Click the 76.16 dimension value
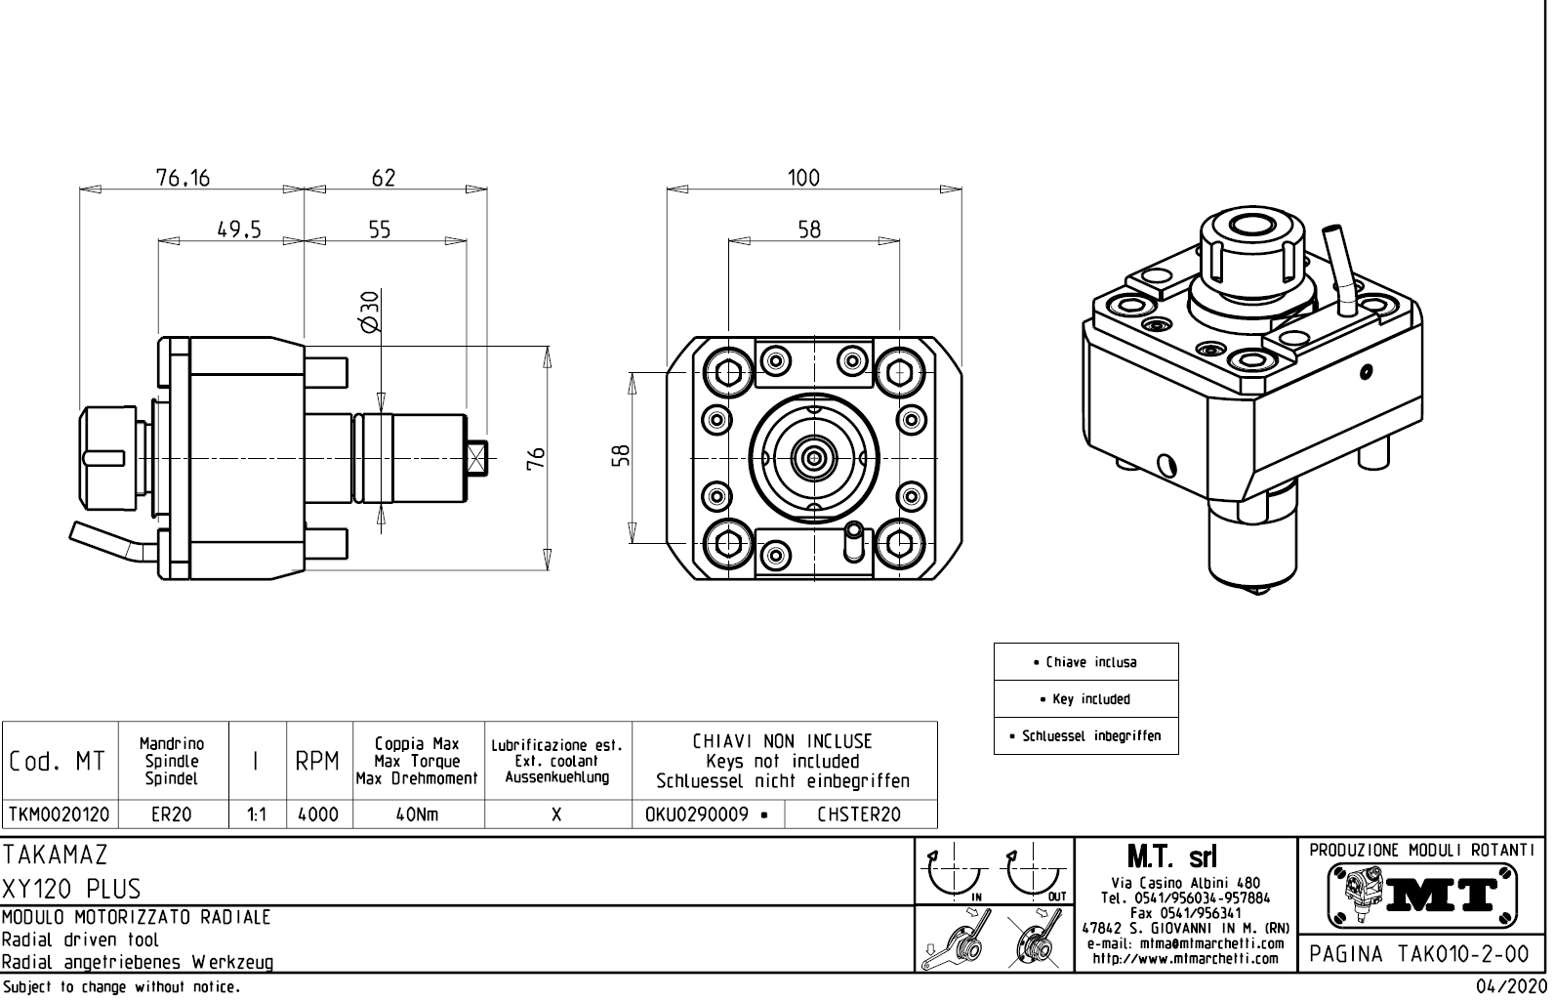click(x=183, y=178)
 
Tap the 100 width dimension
click(x=803, y=178)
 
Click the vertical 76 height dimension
click(x=536, y=458)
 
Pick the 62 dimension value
click(x=384, y=178)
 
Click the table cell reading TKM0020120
click(x=60, y=814)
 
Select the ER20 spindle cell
click(x=172, y=814)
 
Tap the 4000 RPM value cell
click(x=317, y=814)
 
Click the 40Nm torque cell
click(x=417, y=814)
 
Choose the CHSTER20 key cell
click(x=859, y=814)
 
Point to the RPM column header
click(x=317, y=762)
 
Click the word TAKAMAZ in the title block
click(x=55, y=855)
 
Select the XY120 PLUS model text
click(x=72, y=889)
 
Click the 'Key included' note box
click(x=1085, y=699)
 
